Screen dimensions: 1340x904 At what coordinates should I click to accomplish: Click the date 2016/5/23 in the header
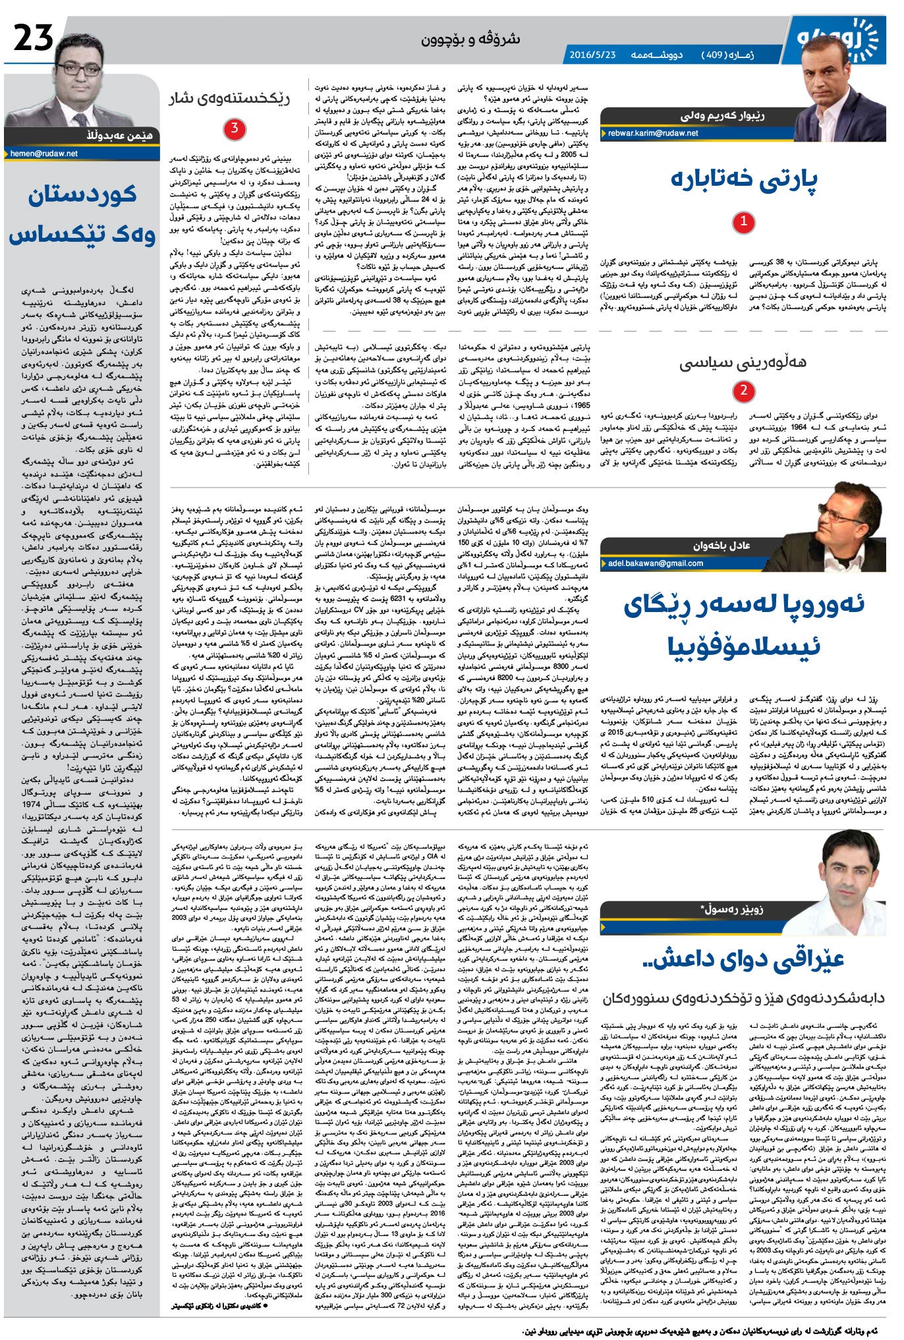click(592, 55)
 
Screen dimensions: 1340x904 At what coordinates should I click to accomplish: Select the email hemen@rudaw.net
click(44, 154)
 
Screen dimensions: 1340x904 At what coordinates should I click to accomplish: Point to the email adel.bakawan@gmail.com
click(656, 563)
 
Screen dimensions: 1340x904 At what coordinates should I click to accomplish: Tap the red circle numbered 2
click(743, 391)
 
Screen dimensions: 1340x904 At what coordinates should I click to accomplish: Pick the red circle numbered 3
click(234, 128)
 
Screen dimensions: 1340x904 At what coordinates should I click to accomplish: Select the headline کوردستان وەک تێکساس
click(82, 215)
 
